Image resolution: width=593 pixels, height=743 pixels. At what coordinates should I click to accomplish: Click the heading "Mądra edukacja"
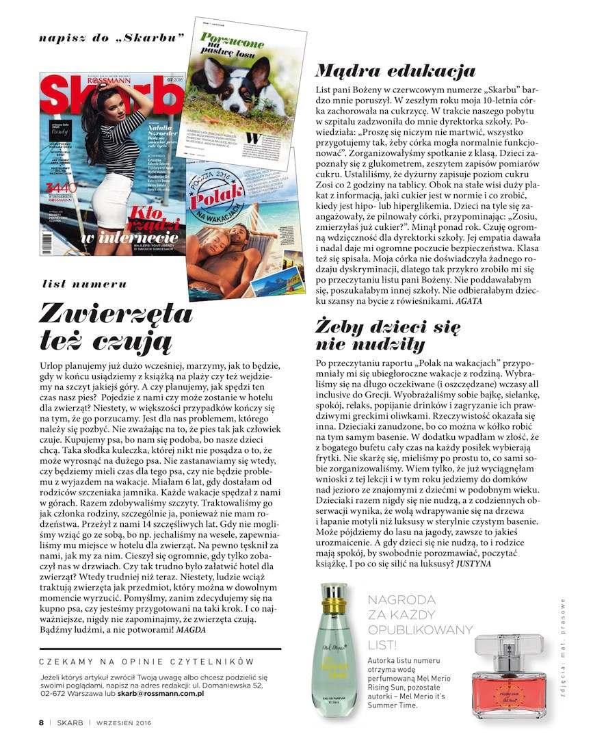click(395, 70)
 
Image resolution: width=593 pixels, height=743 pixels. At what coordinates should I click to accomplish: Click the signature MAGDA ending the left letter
click(191, 629)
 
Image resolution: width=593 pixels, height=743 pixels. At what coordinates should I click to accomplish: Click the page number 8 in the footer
click(41, 722)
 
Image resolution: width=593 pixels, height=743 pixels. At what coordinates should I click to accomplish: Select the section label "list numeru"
click(85, 283)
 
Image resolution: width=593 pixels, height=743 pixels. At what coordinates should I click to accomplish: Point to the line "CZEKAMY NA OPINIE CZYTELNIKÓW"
click(146, 662)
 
